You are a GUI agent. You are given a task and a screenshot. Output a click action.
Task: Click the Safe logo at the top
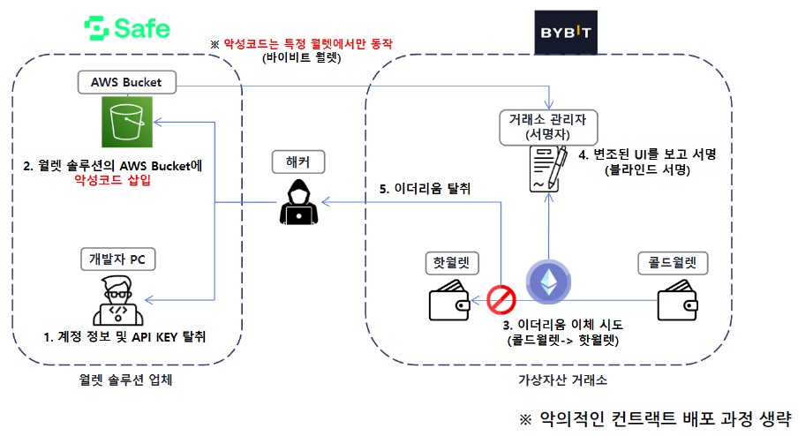pyautogui.click(x=127, y=28)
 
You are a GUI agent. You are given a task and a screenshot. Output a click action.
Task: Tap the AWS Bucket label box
pyautogui.click(x=126, y=82)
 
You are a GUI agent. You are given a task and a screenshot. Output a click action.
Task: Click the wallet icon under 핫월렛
pyautogui.click(x=450, y=302)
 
